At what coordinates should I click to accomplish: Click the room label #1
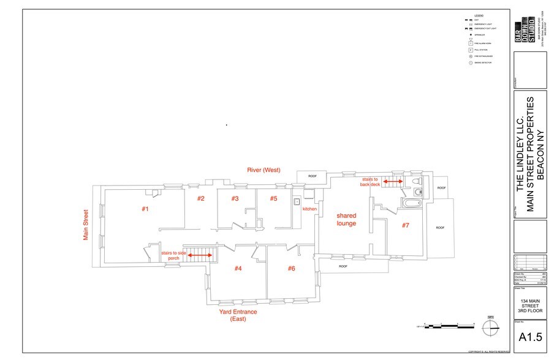point(145,209)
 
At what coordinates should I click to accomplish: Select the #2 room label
point(200,198)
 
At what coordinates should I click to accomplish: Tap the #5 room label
point(273,198)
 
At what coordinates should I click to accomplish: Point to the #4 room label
point(238,268)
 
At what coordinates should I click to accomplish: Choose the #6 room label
point(292,268)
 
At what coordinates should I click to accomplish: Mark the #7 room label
point(405,225)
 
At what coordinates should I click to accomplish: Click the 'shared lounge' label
point(346,219)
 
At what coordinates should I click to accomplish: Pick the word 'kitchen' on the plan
point(310,209)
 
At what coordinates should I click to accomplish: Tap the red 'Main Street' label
point(86,225)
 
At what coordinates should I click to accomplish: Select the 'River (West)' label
point(263,169)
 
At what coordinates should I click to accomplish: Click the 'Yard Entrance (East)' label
point(238,315)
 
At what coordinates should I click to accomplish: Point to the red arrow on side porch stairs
point(199,256)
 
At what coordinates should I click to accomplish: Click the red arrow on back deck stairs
point(392,181)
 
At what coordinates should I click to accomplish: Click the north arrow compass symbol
point(490,326)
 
